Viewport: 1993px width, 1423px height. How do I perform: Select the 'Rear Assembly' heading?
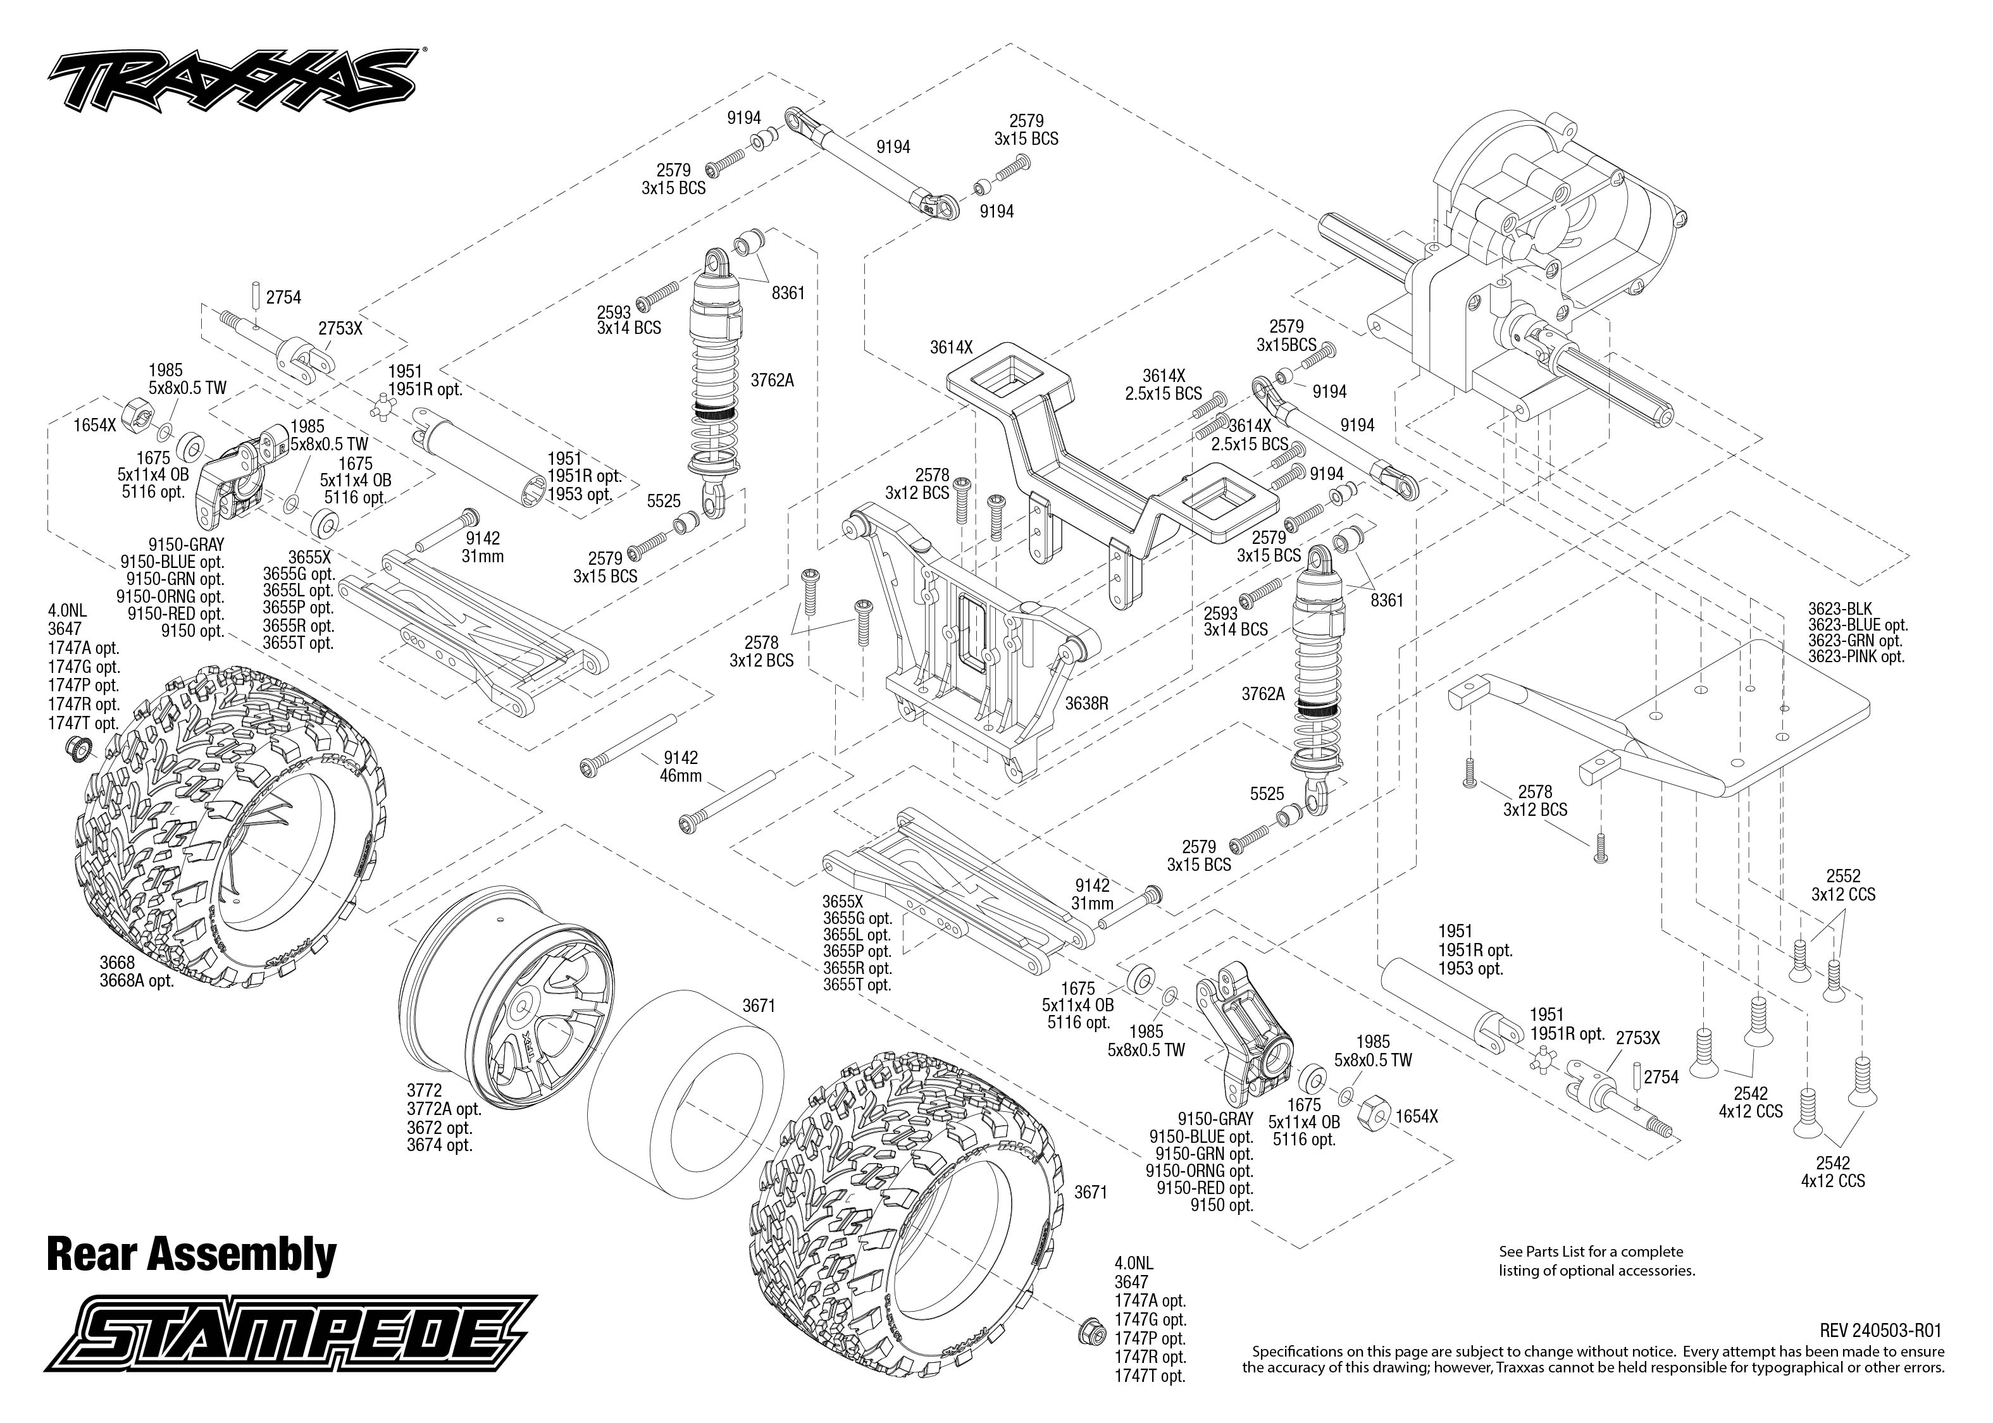(x=191, y=1254)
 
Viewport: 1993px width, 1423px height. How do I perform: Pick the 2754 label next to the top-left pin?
(x=283, y=298)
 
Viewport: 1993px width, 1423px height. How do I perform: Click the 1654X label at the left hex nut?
(x=96, y=425)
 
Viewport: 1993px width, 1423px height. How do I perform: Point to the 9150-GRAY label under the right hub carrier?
(x=1215, y=1119)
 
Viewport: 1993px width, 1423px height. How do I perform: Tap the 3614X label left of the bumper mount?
(x=951, y=347)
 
